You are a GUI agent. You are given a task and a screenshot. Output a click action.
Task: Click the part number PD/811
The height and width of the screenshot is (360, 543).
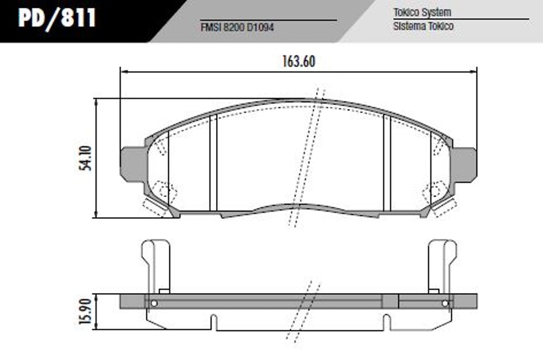(x=57, y=17)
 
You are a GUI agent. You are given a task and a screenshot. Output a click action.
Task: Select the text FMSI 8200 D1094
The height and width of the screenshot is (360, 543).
(x=237, y=27)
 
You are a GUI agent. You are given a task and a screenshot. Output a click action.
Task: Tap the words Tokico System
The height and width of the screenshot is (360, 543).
(x=422, y=13)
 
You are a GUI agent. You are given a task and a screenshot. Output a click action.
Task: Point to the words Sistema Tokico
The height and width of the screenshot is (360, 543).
(x=423, y=26)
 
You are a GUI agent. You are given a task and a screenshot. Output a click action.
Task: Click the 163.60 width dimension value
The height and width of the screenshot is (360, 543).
(x=299, y=62)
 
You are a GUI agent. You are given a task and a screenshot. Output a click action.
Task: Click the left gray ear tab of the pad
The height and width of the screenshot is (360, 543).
(x=132, y=164)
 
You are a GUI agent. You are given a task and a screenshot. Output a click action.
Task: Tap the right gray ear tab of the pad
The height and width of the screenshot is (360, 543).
(x=464, y=164)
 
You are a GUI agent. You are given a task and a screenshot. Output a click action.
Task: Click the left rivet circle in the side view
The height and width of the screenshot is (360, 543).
(x=154, y=303)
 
